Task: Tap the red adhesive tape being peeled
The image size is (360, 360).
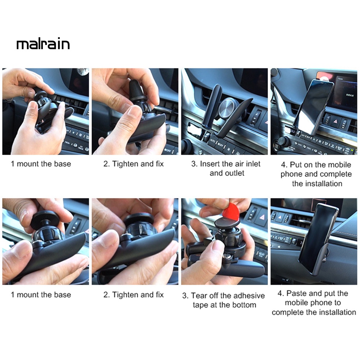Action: pos(231,211)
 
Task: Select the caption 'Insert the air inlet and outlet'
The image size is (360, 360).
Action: pos(226,168)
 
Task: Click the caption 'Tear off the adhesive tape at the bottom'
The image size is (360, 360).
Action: pos(224,300)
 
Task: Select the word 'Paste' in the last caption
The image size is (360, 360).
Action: pos(297,293)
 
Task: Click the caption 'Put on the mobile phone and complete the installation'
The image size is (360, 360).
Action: pos(316,174)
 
